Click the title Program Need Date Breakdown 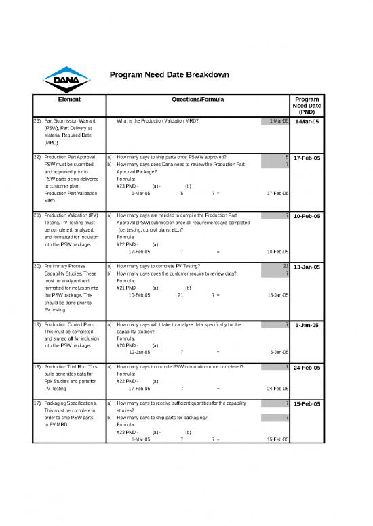(169, 74)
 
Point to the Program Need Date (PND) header (307, 105)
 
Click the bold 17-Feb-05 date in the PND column (307, 158)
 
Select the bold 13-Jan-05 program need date (307, 267)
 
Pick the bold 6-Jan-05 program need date (309, 325)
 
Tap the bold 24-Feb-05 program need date (307, 368)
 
